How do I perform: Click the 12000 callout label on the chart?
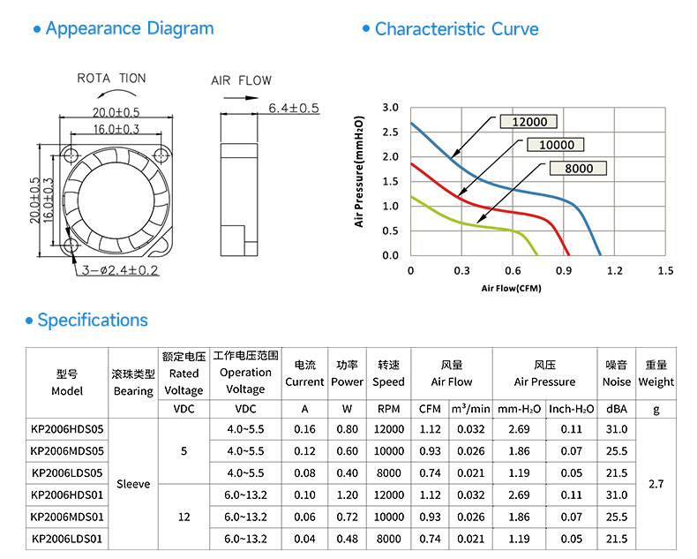[529, 122]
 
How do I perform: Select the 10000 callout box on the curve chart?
[556, 145]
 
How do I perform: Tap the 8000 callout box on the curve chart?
[578, 169]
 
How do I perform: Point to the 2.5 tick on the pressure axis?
[390, 132]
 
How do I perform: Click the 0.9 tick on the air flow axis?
[564, 270]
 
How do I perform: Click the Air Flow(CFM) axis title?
[511, 289]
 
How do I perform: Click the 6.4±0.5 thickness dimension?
[294, 108]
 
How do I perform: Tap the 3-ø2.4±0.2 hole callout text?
[120, 270]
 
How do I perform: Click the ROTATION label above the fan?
[111, 79]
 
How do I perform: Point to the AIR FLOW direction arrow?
[240, 98]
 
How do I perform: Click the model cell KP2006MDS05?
[67, 451]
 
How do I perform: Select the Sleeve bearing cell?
[133, 484]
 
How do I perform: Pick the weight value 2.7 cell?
[656, 484]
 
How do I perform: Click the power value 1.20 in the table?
[347, 495]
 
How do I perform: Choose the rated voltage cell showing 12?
[184, 517]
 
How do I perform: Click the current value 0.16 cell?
[304, 429]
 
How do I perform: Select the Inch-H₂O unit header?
[571, 409]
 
